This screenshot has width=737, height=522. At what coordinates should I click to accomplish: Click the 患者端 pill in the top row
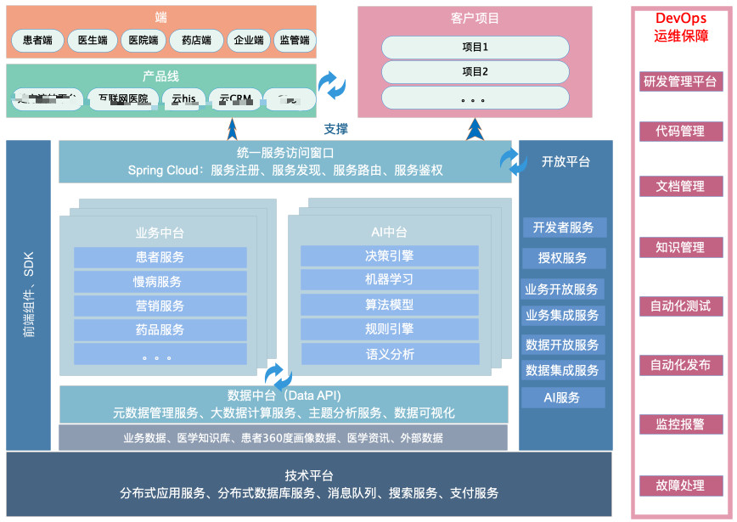pyautogui.click(x=37, y=40)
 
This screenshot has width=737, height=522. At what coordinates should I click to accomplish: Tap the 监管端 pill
pyautogui.click(x=295, y=40)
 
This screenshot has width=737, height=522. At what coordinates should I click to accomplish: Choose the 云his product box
pyautogui.click(x=183, y=99)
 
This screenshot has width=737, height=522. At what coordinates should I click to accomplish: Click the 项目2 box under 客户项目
pyautogui.click(x=474, y=72)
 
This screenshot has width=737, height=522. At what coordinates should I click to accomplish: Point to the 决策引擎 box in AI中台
pyautogui.click(x=390, y=255)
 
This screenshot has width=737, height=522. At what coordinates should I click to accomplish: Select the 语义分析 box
pyautogui.click(x=390, y=354)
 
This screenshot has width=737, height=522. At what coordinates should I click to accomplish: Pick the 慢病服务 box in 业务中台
pyautogui.click(x=160, y=281)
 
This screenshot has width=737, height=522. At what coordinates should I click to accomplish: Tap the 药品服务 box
pyautogui.click(x=160, y=329)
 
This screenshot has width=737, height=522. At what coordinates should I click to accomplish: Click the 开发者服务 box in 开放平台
pyautogui.click(x=564, y=227)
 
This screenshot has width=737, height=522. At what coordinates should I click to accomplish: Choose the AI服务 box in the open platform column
pyautogui.click(x=563, y=397)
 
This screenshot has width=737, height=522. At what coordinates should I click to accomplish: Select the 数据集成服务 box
pyautogui.click(x=563, y=370)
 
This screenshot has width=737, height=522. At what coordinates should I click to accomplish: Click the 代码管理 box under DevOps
pyautogui.click(x=681, y=132)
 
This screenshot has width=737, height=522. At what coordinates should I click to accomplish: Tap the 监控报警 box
pyautogui.click(x=681, y=424)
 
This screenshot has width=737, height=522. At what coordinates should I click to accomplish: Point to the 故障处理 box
pyautogui.click(x=681, y=486)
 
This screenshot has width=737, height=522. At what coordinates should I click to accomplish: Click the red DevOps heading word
pyautogui.click(x=681, y=18)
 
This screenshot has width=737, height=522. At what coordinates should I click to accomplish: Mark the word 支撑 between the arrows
pyautogui.click(x=336, y=129)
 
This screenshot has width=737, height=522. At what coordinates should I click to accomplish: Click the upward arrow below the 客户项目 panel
pyautogui.click(x=475, y=129)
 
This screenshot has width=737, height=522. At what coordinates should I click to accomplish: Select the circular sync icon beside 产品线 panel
pyautogui.click(x=332, y=84)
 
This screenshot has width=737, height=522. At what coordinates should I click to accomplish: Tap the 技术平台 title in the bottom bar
pyautogui.click(x=309, y=475)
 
